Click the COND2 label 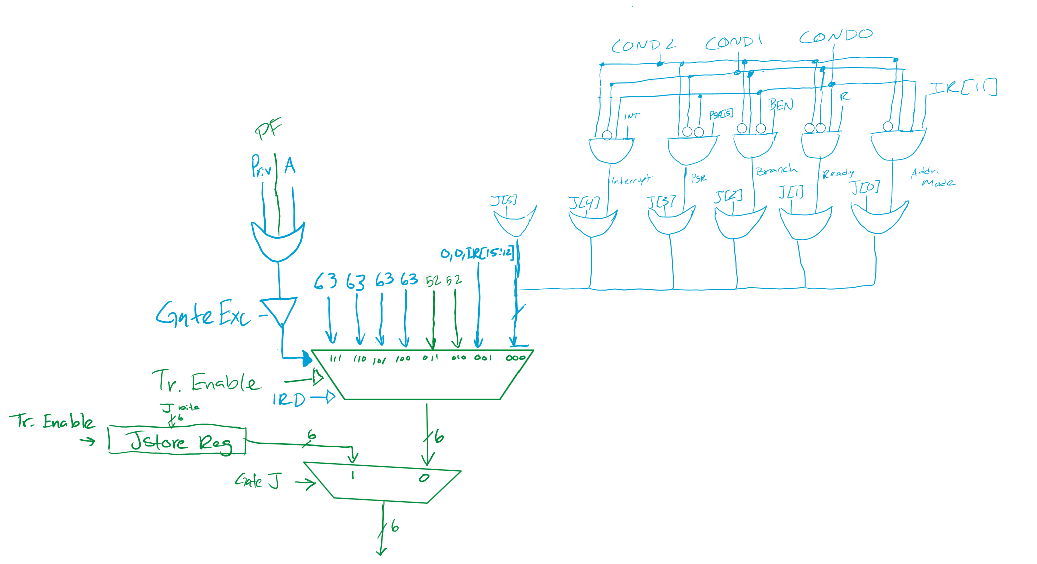coord(643,45)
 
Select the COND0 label coord(835,36)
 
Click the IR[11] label coord(962,88)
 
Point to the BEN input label coord(781,105)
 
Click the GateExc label coord(203,314)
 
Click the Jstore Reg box coord(177,441)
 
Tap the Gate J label coord(257,481)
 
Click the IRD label coord(288,399)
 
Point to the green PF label coord(268,129)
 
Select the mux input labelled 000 coord(515,358)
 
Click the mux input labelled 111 coord(335,358)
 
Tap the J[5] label coord(503,200)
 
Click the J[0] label coord(864,187)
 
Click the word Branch coord(776,170)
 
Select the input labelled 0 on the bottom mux coord(424,478)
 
